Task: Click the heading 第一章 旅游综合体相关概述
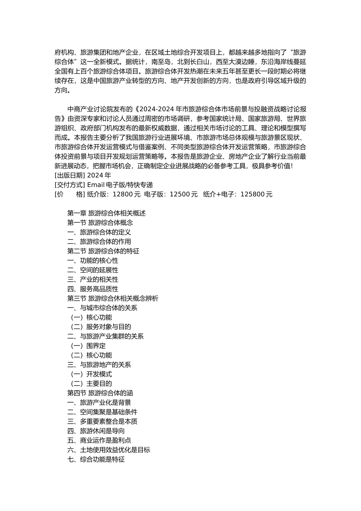(x=106, y=213)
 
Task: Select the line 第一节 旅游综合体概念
(x=100, y=223)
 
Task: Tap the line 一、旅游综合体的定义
(x=99, y=232)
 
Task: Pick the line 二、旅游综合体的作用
(x=99, y=242)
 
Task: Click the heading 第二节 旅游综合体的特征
(x=103, y=251)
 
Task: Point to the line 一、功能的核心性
(x=93, y=261)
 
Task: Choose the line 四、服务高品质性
(x=93, y=289)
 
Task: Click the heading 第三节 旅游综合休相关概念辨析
(x=113, y=298)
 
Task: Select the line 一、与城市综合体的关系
(x=102, y=308)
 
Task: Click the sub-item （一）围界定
(x=88, y=346)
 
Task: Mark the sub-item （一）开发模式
(x=91, y=374)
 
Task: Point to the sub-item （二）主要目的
(x=91, y=384)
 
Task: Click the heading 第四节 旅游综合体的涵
(x=100, y=393)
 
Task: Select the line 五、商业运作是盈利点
(x=99, y=440)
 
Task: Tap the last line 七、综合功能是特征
(x=96, y=459)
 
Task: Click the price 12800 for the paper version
(x=122, y=194)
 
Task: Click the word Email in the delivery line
(x=96, y=185)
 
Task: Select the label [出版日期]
(x=70, y=175)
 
